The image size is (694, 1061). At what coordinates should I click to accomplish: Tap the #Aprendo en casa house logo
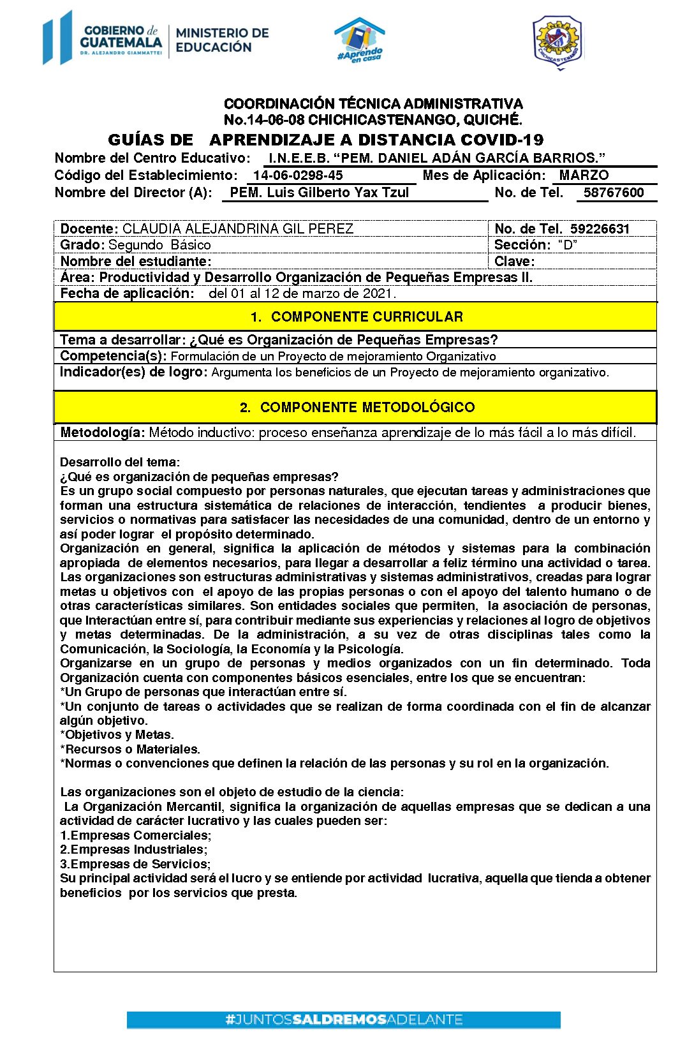360,40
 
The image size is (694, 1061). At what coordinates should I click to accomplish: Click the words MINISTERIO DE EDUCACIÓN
222,40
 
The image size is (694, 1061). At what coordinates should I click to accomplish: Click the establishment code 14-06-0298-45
298,175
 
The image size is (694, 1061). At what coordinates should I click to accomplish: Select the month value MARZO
584,175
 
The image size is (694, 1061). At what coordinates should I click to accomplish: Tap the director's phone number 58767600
614,193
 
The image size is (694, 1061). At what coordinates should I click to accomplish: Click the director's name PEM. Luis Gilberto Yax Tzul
319,193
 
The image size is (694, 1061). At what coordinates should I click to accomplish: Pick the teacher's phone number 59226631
600,229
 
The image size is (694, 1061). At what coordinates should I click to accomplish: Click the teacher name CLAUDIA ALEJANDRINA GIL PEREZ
237,229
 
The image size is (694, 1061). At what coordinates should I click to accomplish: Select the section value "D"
567,245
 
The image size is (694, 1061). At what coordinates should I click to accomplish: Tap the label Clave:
514,262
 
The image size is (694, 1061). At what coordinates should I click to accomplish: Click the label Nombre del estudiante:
135,262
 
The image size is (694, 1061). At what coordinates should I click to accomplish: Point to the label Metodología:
102,433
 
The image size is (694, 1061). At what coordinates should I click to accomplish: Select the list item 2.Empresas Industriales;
133,850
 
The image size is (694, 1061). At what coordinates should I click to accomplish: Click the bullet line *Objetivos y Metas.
117,735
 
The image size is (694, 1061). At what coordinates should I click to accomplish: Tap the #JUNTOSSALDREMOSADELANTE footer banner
343,1020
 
